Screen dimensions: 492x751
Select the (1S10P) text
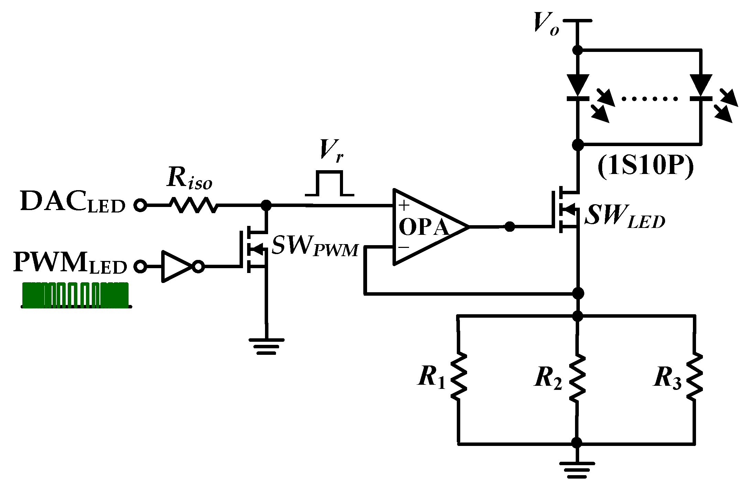[x=645, y=166]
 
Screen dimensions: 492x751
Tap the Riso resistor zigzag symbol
[x=194, y=205]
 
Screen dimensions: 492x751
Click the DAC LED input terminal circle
[x=140, y=205]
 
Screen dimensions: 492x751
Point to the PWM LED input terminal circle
[x=140, y=267]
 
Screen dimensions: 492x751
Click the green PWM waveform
[x=76, y=295]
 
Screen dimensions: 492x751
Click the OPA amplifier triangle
[x=426, y=227]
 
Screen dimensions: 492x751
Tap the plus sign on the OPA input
[x=404, y=206]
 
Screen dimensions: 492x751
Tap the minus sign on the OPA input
[x=404, y=247]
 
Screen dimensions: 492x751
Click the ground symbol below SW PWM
[x=266, y=346]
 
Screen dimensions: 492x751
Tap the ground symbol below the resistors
[x=577, y=470]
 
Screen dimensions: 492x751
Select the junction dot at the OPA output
[x=509, y=227]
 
